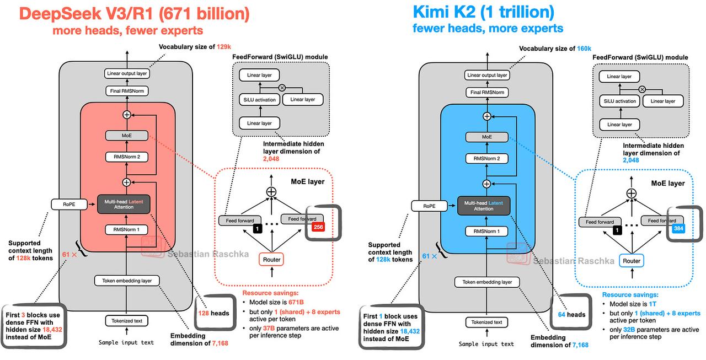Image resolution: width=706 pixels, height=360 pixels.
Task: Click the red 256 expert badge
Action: [318, 227]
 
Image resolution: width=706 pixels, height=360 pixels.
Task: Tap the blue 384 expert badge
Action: [678, 228]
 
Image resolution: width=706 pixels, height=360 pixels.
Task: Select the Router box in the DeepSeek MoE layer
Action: [271, 260]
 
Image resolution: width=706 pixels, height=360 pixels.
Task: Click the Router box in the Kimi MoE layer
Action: [632, 261]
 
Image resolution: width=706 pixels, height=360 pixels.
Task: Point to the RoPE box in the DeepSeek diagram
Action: [69, 205]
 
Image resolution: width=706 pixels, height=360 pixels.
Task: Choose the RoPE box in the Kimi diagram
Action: [429, 206]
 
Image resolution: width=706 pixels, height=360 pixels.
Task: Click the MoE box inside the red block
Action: [127, 136]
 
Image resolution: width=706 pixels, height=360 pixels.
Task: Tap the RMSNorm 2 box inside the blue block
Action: [486, 158]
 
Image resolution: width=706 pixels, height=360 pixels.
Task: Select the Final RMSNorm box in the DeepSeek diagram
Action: [127, 91]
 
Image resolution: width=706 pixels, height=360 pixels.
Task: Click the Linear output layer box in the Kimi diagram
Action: [487, 75]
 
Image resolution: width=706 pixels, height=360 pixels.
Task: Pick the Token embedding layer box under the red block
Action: [127, 281]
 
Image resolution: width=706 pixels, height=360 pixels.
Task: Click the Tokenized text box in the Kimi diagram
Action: [486, 322]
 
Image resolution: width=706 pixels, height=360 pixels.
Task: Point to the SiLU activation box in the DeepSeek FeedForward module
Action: [259, 100]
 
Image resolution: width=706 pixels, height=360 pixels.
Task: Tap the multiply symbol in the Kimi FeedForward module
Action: [642, 89]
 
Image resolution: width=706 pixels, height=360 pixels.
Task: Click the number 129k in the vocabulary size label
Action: [223, 47]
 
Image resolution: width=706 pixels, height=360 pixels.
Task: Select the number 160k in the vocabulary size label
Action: [584, 49]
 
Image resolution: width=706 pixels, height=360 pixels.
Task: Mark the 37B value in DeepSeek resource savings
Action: [269, 328]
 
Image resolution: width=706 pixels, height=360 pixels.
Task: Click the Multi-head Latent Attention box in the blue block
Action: [484, 206]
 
